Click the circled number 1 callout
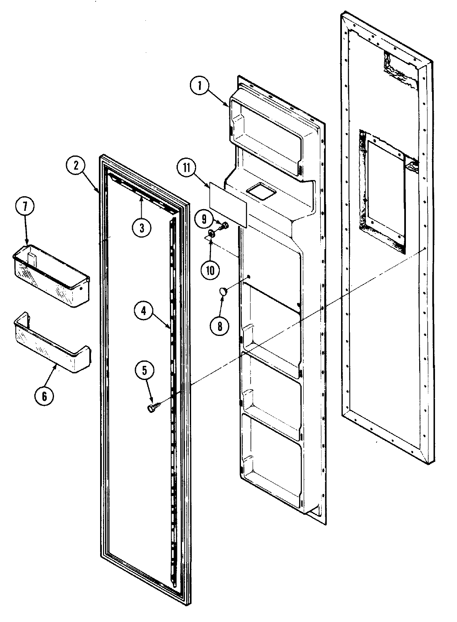point(199,86)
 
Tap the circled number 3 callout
point(142,227)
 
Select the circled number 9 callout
point(204,218)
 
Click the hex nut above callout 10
point(211,234)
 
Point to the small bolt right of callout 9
point(224,226)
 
